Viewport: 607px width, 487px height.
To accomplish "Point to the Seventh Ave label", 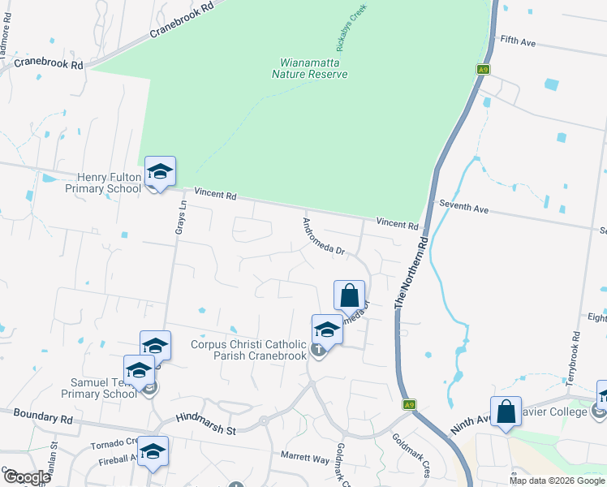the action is [x=463, y=209].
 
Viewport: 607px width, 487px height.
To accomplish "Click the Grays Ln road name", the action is [x=181, y=218].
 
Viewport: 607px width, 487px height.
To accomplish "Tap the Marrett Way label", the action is [x=304, y=459].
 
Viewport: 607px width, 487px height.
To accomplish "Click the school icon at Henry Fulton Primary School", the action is [x=161, y=172].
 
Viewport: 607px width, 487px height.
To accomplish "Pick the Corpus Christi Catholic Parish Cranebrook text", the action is [x=249, y=349].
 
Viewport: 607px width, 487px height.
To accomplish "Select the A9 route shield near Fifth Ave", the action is [x=484, y=71].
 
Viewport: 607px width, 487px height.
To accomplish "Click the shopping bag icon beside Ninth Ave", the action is [x=506, y=411].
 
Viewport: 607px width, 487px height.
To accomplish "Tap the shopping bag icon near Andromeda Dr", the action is [x=349, y=295].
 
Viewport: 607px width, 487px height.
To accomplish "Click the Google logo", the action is [x=27, y=476].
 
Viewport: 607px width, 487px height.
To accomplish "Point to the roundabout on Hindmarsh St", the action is [x=263, y=421].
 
